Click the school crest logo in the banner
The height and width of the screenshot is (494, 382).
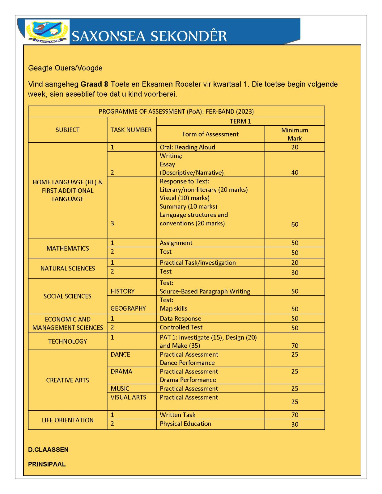pos(47,31)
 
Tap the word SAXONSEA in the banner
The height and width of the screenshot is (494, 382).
pos(108,36)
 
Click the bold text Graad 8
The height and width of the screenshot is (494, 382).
pos(94,84)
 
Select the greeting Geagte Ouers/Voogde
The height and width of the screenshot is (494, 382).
pos(65,68)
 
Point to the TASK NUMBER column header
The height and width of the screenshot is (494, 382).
pos(131,130)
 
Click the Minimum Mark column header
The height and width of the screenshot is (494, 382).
pos(295,134)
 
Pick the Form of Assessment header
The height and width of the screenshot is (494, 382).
pos(210,134)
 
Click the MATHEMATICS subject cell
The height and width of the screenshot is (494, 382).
pos(68,249)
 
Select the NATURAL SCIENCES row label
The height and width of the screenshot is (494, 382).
pos(68,269)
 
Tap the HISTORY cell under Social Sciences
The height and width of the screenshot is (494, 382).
pos(123,291)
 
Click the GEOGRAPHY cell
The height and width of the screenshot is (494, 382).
pos(128,308)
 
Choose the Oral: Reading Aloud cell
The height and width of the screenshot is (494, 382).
pos(187,147)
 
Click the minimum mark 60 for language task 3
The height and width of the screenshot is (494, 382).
pos(295,224)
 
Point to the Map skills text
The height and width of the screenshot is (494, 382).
pos(173,308)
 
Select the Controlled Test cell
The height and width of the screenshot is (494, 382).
pos(181,327)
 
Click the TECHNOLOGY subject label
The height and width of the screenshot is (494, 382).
pos(68,341)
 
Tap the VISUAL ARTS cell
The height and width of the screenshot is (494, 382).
pos(128,397)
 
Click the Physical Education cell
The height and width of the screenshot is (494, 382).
pos(185,424)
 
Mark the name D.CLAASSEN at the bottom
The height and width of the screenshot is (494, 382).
pos(48,450)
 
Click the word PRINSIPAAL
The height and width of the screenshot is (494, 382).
pos(47,464)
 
